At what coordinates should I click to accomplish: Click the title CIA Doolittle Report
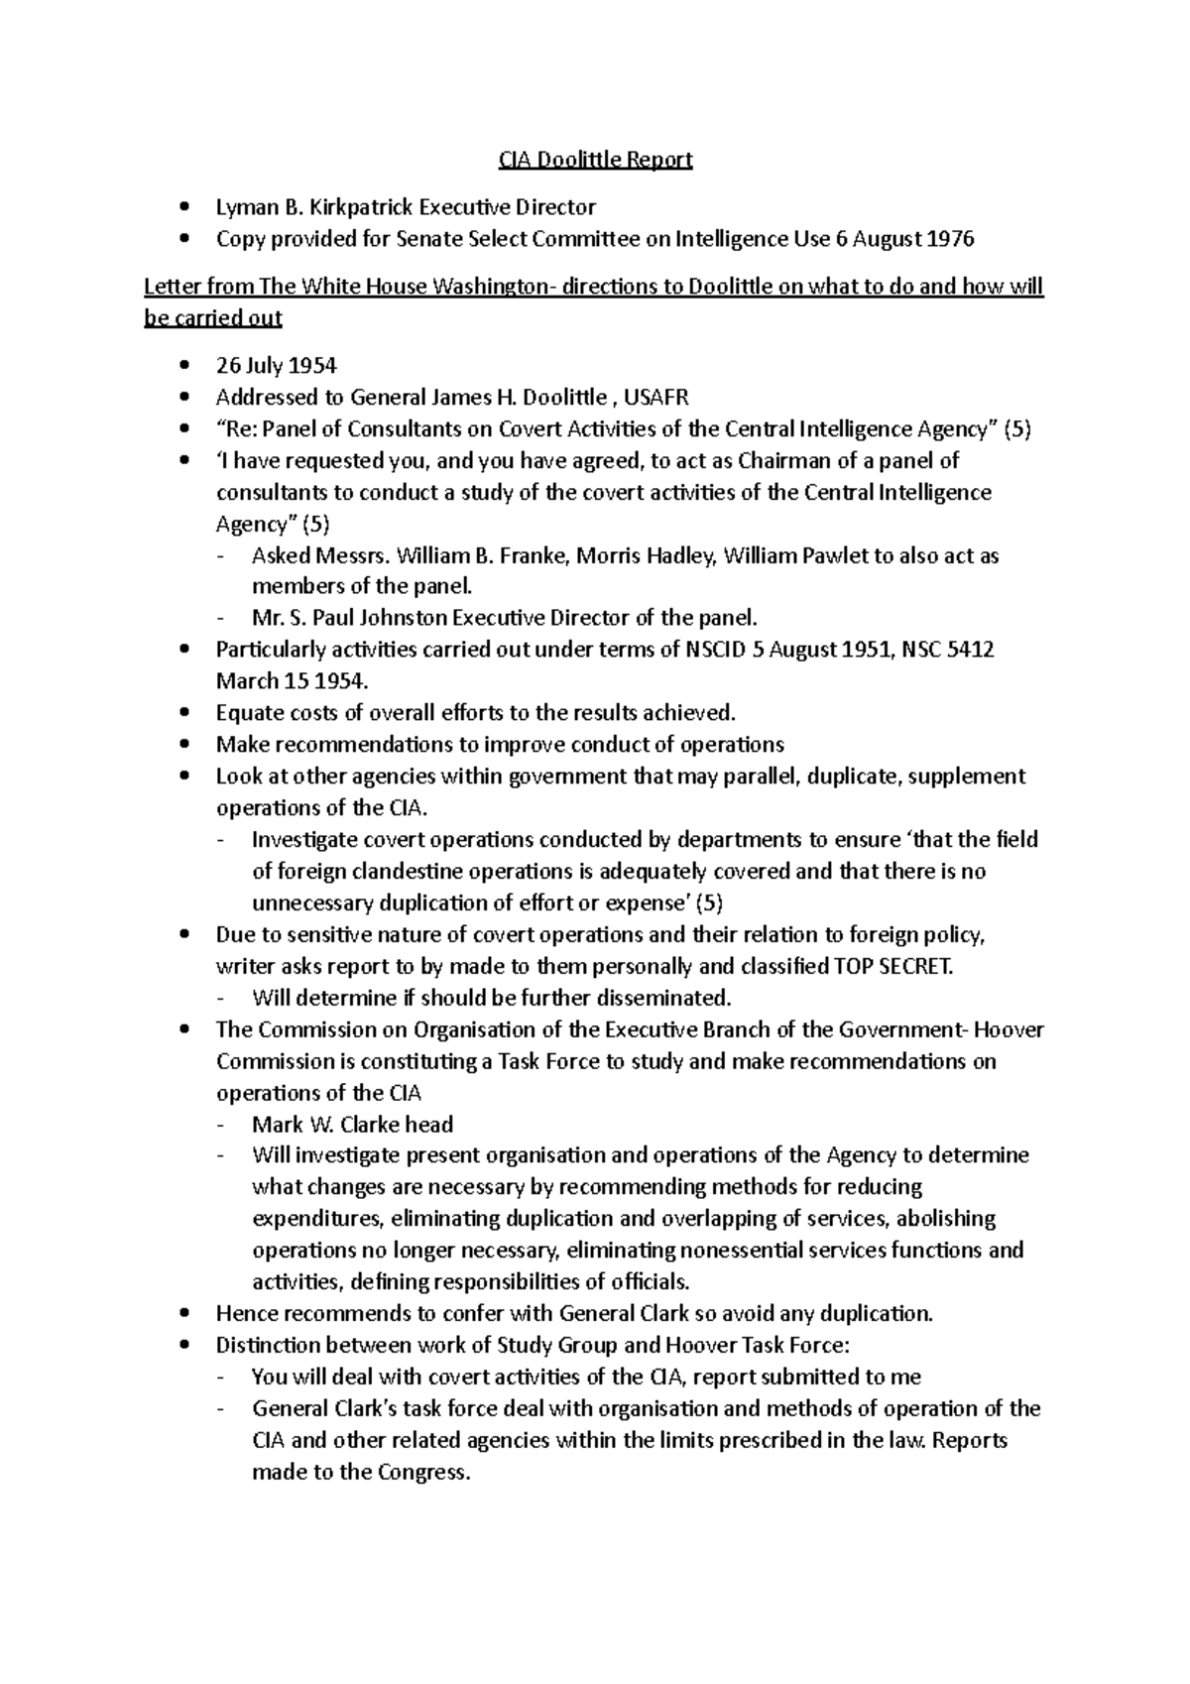click(x=594, y=160)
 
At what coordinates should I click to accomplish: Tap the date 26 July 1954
click(x=276, y=366)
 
